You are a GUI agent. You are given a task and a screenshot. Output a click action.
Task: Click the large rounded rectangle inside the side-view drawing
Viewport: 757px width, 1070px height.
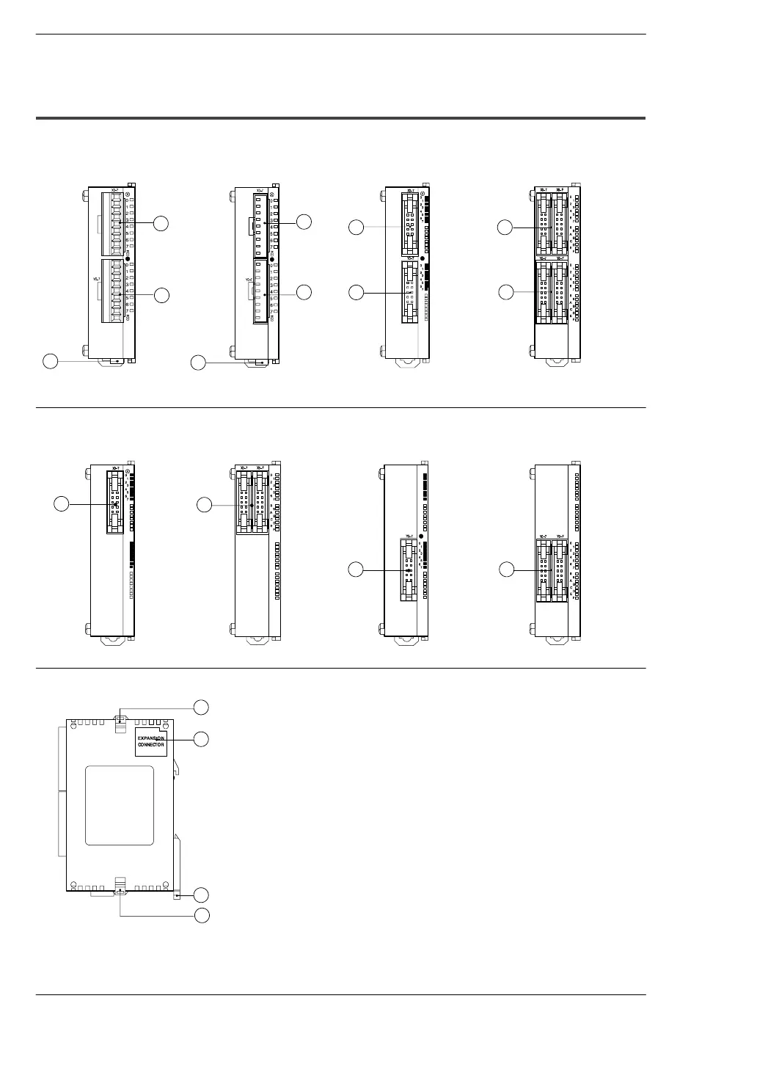coord(120,805)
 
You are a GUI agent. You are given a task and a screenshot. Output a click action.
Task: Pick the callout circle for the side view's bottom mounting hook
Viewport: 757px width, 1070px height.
coord(201,914)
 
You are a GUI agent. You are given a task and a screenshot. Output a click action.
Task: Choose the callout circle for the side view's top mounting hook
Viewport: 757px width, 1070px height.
coord(201,706)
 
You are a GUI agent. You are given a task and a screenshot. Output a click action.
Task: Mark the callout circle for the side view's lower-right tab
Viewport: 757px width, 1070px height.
coord(201,894)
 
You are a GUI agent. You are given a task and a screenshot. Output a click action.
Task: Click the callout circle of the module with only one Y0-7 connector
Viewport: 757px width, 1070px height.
coord(356,569)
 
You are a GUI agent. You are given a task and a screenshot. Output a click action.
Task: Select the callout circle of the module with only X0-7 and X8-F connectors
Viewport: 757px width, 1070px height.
coord(205,504)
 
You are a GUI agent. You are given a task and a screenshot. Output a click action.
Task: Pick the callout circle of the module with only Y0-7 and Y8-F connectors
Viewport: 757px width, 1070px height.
coord(506,569)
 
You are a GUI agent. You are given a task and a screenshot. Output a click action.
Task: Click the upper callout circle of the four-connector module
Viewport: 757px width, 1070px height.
coord(505,228)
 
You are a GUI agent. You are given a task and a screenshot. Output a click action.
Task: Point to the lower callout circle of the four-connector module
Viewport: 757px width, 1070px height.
coord(505,292)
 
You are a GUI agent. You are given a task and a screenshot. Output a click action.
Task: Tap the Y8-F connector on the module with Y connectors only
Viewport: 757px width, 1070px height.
coord(560,569)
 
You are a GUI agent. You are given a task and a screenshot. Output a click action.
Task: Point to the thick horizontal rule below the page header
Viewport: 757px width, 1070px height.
coord(340,117)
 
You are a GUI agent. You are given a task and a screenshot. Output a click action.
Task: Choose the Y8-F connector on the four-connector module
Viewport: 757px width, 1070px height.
coord(560,292)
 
